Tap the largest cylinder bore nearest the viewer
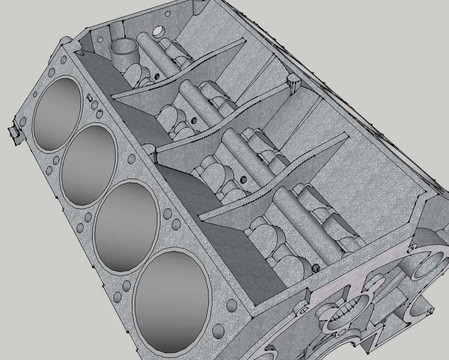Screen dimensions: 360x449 coord(172,302)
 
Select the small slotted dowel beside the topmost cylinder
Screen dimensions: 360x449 coord(89,97)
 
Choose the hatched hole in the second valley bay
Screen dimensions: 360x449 coord(194,120)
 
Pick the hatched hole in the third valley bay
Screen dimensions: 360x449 coord(243,179)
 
